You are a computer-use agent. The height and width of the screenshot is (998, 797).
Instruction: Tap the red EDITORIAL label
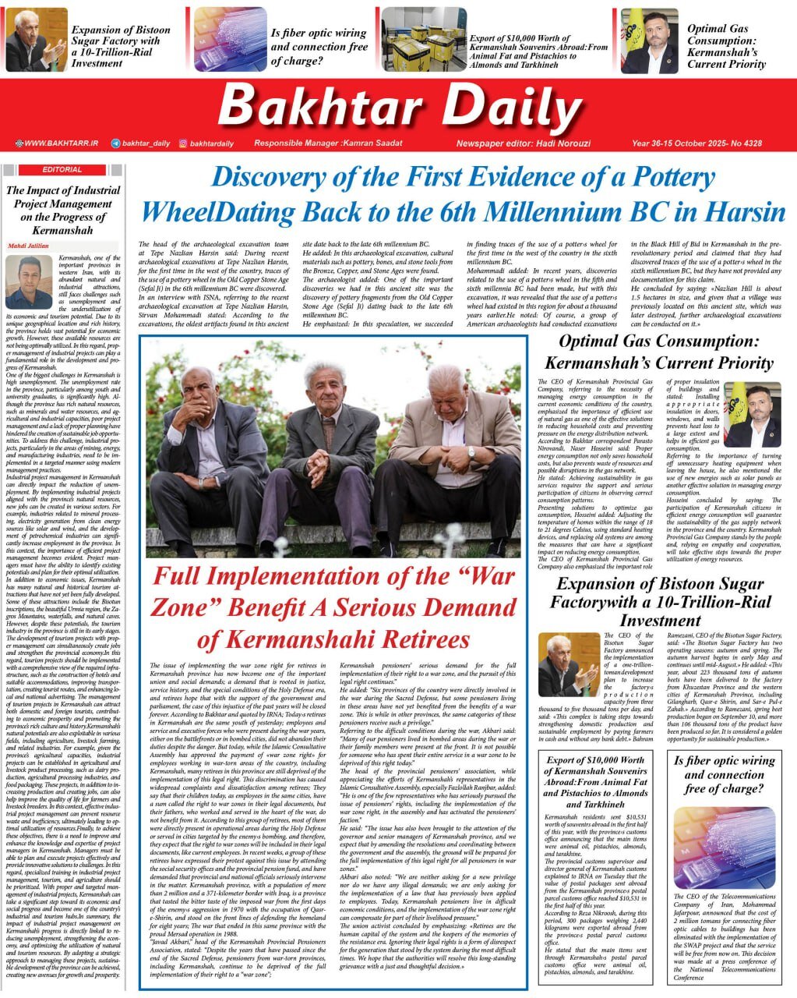tap(63, 169)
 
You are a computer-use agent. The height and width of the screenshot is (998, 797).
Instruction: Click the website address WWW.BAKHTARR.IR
tap(61, 143)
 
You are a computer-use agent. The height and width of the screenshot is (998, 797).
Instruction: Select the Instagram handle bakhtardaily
tap(211, 143)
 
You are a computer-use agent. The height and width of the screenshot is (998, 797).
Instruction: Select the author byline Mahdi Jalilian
tap(27, 246)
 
